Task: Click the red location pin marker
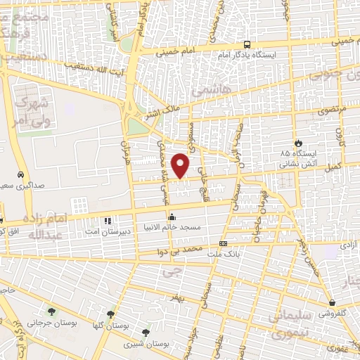(181, 165)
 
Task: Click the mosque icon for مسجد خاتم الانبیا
(170, 217)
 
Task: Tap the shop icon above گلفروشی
(332, 303)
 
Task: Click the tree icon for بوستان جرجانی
(51, 311)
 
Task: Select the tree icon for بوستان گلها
(110, 314)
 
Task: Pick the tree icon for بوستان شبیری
(146, 333)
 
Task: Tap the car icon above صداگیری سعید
(21, 174)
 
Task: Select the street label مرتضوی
(311, 110)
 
